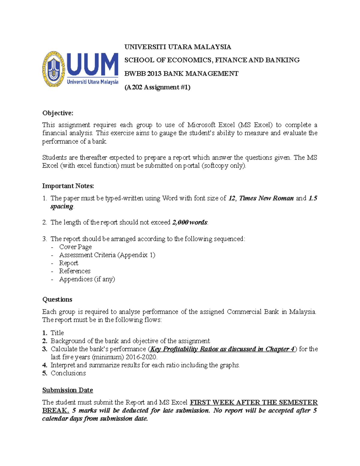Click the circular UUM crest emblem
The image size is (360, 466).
point(54,69)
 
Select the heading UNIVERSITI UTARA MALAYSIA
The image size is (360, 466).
point(178,47)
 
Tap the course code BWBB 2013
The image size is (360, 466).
point(143,74)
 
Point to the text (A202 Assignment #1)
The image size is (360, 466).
point(157,87)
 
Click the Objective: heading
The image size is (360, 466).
point(58,113)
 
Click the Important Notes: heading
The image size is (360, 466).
point(68,186)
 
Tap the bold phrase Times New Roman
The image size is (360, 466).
point(266,198)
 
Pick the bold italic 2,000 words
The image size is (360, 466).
point(190,223)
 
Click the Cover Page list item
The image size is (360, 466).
point(75,247)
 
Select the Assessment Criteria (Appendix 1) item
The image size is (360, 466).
point(107,255)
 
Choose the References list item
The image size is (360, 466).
point(75,271)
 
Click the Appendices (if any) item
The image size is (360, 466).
point(87,279)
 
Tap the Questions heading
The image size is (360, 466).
point(57,299)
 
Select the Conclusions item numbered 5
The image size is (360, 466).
point(68,373)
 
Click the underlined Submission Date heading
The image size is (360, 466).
point(67,390)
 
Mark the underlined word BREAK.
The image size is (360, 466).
point(55,410)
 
